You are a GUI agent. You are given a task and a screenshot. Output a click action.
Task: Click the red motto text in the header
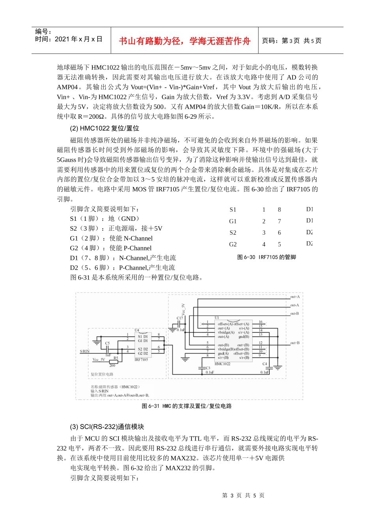coord(184,41)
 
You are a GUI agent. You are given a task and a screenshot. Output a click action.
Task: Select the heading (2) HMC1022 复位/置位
coord(105,129)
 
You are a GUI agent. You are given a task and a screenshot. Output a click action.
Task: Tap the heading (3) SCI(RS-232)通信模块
coord(107,427)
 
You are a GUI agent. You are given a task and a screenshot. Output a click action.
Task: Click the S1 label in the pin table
coord(233,210)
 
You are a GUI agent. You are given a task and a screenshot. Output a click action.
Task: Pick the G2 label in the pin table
coord(233,244)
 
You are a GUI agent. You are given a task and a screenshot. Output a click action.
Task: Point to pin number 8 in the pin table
coord(279,210)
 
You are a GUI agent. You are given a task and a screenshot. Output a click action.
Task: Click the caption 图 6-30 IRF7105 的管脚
coord(266,257)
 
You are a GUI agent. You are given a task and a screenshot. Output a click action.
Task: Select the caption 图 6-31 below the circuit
coord(187,406)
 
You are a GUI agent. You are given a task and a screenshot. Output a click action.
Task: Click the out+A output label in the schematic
coord(295,297)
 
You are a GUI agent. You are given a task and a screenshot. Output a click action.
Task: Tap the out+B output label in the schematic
coord(295,343)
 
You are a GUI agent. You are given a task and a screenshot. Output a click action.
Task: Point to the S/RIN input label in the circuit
coord(85,351)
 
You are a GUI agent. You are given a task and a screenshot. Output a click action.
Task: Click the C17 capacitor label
coord(180,318)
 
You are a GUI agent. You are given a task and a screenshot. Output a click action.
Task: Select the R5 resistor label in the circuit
coord(116,358)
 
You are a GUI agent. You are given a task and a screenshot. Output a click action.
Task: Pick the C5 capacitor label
coord(107,343)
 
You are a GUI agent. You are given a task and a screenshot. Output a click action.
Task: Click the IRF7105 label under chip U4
coord(141,360)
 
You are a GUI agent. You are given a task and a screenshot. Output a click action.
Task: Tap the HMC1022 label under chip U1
coord(223,364)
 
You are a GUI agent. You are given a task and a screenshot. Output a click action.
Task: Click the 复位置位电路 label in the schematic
coord(102,374)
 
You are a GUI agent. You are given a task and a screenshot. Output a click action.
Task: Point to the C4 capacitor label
coord(264,364)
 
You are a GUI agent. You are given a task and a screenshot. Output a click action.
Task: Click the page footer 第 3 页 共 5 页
coord(243,496)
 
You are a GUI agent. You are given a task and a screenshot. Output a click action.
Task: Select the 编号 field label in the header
coord(43,32)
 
